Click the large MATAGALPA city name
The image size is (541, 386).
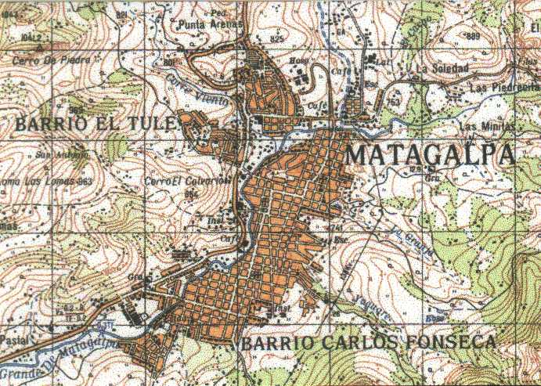(x=430, y=154)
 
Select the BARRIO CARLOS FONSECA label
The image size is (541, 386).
(x=368, y=343)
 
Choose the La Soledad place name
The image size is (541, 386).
(x=442, y=69)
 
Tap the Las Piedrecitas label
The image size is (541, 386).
(x=504, y=88)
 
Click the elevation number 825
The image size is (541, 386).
(x=276, y=38)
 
